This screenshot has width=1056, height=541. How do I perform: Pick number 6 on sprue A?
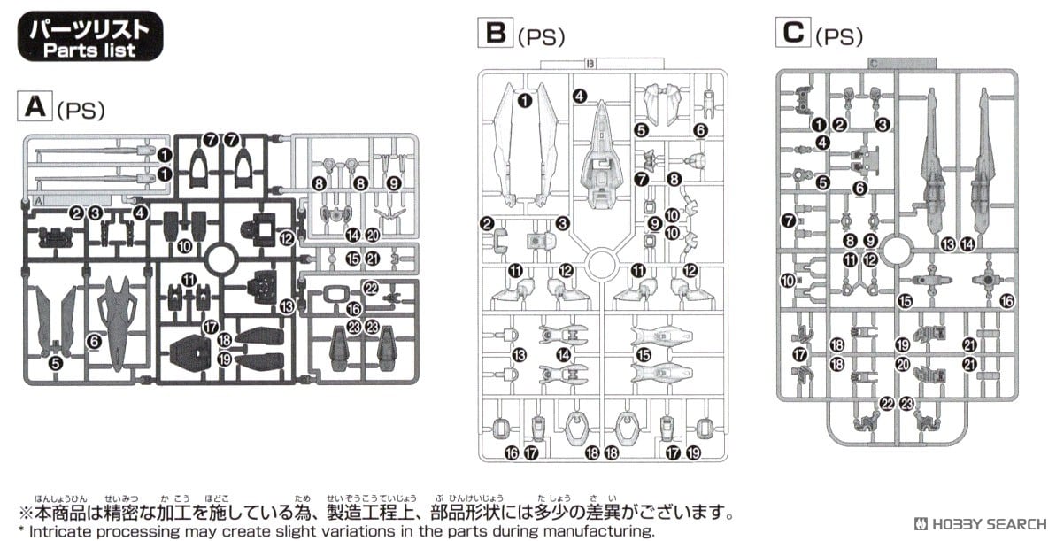(95, 341)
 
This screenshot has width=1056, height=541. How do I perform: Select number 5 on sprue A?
(56, 362)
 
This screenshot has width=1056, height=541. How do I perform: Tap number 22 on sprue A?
(371, 289)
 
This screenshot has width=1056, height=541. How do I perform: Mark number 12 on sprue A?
(286, 237)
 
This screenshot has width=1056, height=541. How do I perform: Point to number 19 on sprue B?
(693, 452)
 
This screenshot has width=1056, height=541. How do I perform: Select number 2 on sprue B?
(487, 222)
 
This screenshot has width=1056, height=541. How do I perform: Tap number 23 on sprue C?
(906, 404)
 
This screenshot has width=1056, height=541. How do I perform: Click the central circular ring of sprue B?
(601, 263)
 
